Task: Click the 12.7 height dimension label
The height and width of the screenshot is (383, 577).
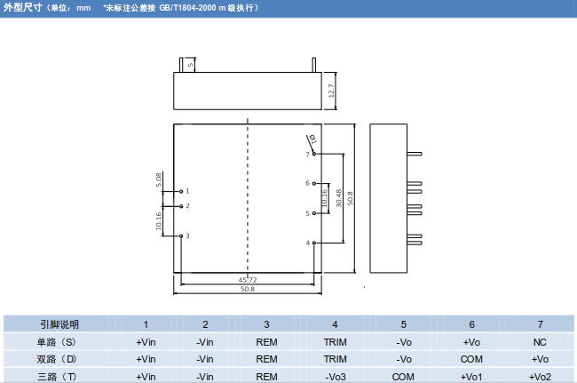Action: (x=331, y=91)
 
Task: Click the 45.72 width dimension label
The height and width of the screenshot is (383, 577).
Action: (x=249, y=280)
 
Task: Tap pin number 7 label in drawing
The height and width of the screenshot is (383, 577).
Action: (x=307, y=155)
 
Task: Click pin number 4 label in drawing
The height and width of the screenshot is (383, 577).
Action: (x=307, y=243)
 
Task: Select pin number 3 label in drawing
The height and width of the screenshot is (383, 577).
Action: (x=187, y=235)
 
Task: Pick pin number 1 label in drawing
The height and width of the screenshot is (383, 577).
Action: (x=187, y=191)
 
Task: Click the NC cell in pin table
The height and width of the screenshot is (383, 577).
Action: (x=540, y=341)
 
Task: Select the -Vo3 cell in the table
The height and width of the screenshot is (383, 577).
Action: (x=335, y=376)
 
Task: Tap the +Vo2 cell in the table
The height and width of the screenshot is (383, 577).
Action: (x=540, y=376)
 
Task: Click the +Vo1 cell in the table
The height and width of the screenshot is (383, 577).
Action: (x=471, y=376)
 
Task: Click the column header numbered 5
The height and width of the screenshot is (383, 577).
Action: (x=403, y=324)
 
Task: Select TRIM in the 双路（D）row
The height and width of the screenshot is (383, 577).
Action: (x=335, y=359)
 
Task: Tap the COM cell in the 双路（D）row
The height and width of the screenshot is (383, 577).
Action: (x=471, y=359)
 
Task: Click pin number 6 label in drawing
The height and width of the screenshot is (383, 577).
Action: (x=307, y=184)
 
